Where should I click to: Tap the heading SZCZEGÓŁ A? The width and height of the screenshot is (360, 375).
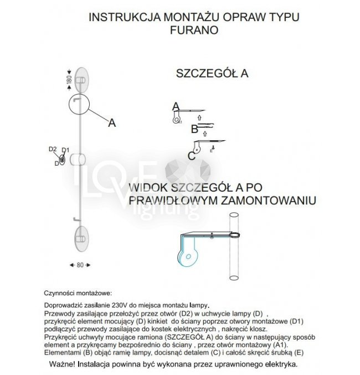[x=212, y=74]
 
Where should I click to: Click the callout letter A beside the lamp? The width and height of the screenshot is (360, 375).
[x=112, y=123]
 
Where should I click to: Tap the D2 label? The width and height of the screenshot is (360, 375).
[x=53, y=150]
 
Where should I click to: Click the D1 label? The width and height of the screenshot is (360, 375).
[x=65, y=150]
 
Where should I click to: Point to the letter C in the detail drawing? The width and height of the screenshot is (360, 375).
[x=192, y=156]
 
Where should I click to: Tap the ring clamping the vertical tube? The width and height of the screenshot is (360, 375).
[x=235, y=237]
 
